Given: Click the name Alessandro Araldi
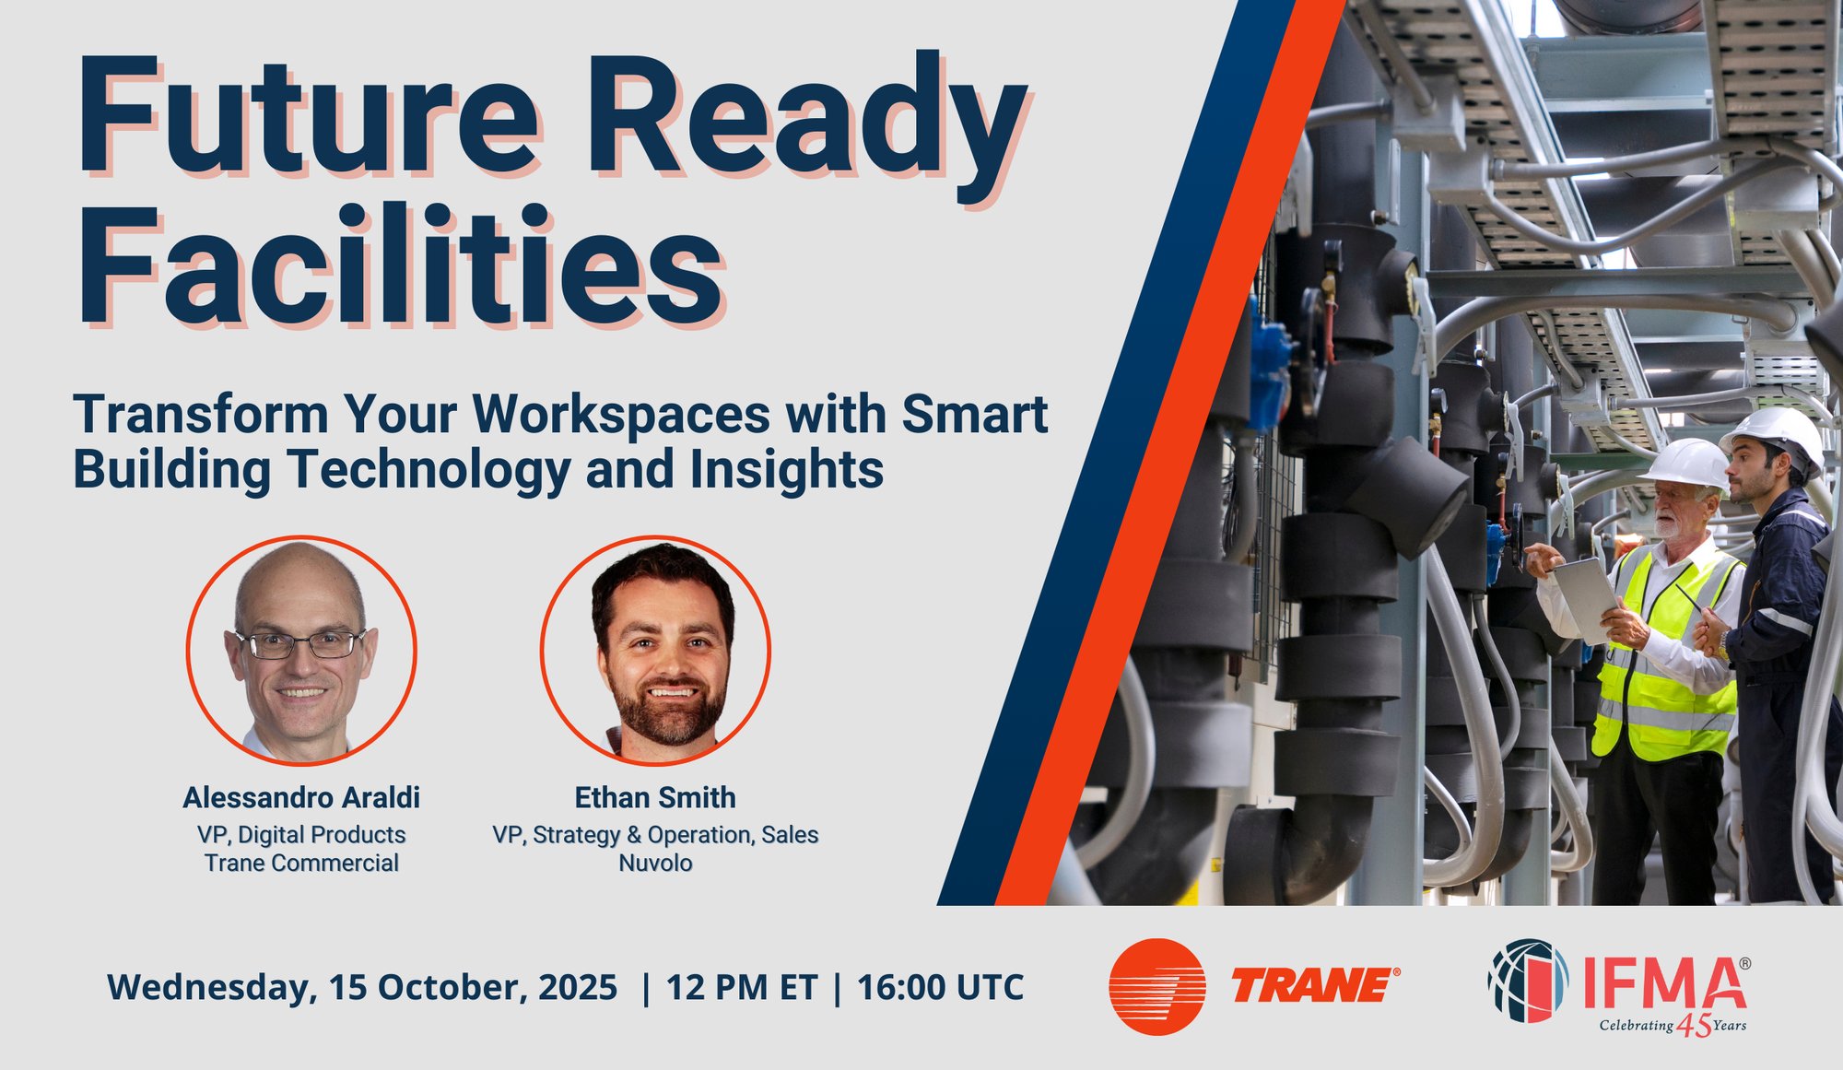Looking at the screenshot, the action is [x=301, y=797].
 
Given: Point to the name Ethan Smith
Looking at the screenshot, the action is [x=655, y=797].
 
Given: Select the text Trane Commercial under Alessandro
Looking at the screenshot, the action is [x=301, y=863].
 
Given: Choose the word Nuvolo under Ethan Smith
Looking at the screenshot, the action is [x=655, y=863].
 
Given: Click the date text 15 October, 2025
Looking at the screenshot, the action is [x=473, y=987].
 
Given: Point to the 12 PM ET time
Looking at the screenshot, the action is [x=742, y=987].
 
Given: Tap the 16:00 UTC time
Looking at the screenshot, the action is [x=941, y=987].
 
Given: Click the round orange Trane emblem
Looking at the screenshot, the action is [x=1157, y=986].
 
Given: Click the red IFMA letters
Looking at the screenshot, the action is [x=1664, y=983].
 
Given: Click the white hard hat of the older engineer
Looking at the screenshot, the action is [x=1686, y=464].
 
